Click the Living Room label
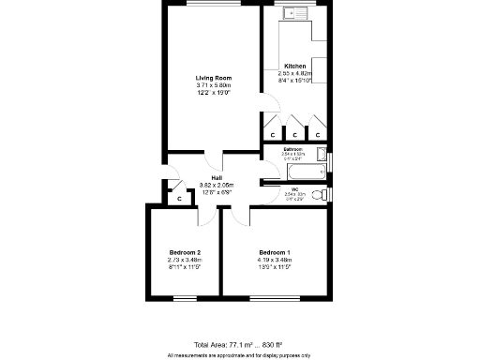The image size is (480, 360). [x=213, y=77]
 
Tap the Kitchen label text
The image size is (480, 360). [x=295, y=66]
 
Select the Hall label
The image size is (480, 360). [x=217, y=178]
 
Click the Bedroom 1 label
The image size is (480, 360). [x=275, y=253]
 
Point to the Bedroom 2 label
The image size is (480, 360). [x=185, y=253]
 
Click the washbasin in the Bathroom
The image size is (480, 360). [x=322, y=156]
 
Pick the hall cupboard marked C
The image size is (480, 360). [x=179, y=199]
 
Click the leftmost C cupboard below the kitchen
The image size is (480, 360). [x=273, y=134]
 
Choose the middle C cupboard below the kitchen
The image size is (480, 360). [x=295, y=134]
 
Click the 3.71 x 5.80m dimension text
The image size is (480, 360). [x=213, y=84]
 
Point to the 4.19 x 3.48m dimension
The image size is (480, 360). [x=275, y=261]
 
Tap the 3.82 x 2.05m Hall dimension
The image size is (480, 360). [x=217, y=186]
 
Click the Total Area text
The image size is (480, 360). [x=239, y=344]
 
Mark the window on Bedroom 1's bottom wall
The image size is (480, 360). [x=275, y=297]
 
